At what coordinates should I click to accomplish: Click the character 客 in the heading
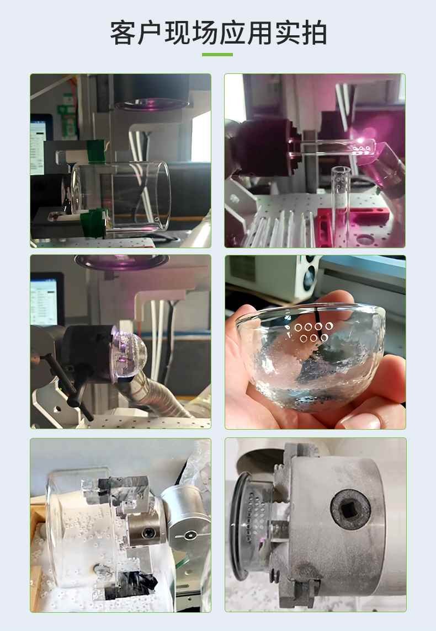[123, 33]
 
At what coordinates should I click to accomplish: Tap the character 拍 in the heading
[314, 33]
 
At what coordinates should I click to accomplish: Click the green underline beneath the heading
[217, 54]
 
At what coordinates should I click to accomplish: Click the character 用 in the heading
[259, 33]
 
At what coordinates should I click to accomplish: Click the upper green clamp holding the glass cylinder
[96, 151]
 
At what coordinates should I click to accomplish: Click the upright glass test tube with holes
[340, 201]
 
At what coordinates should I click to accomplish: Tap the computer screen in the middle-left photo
[44, 302]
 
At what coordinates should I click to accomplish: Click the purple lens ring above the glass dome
[121, 261]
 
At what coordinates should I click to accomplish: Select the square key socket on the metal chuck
[350, 510]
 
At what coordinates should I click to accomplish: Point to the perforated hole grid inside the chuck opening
[255, 519]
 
